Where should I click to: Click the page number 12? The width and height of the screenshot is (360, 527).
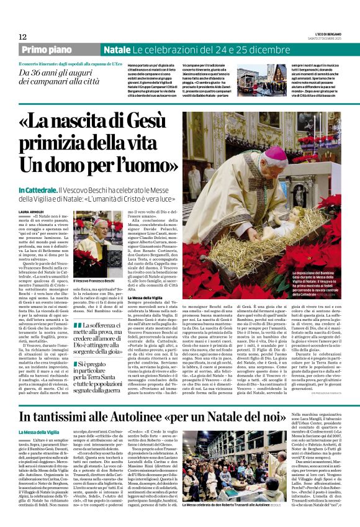click(x=22, y=37)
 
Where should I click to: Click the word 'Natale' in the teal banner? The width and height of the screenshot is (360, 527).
click(x=117, y=50)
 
